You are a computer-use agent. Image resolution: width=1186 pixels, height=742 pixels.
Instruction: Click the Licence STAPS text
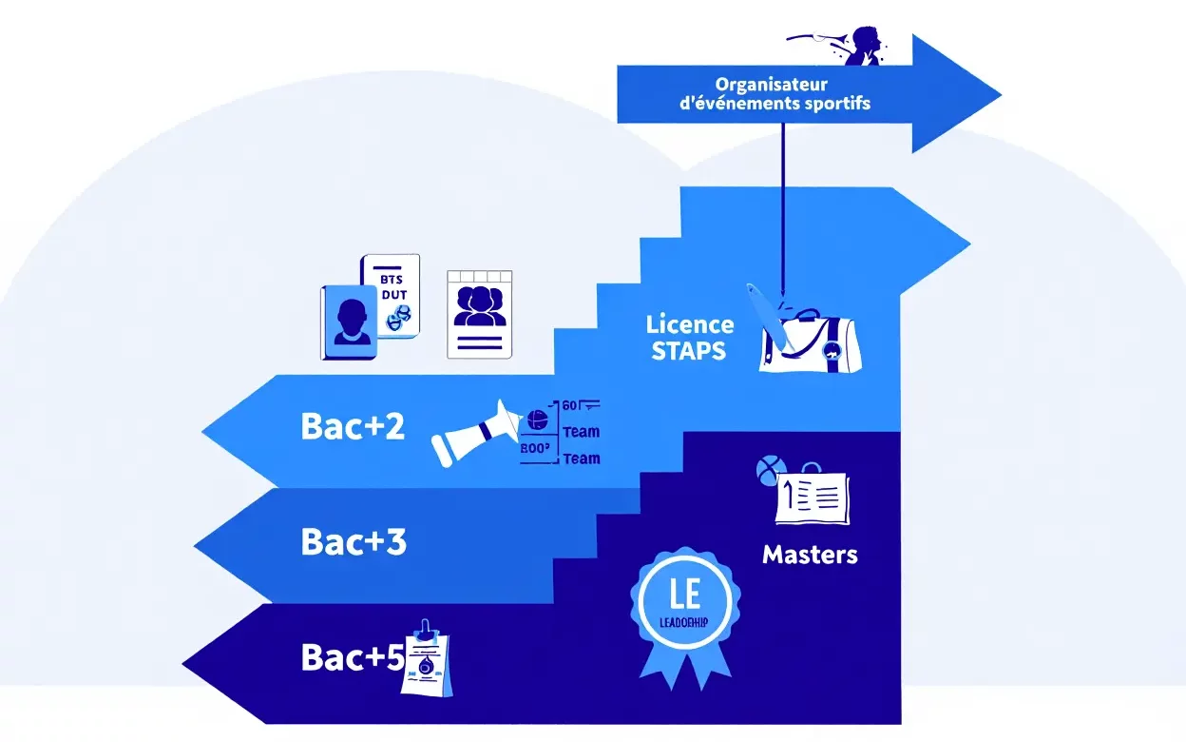tap(689, 338)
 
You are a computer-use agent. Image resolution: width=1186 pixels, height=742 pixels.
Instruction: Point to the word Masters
tap(810, 555)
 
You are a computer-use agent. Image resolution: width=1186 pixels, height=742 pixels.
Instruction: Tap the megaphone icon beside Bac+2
tap(476, 433)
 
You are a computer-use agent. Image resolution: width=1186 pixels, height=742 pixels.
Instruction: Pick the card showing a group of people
tap(480, 314)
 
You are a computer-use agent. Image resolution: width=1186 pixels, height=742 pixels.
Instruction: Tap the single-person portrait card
tap(350, 322)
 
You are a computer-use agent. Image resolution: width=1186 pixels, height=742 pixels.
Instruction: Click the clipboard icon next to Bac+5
tap(425, 659)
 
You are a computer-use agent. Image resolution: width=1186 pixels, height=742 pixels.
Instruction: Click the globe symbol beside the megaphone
tap(537, 419)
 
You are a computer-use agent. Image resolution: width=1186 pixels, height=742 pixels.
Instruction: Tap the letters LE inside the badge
tap(685, 595)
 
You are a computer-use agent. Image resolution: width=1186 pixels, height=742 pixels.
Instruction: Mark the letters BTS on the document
tap(391, 280)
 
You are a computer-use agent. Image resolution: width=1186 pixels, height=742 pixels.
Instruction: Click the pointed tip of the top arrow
tap(999, 94)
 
